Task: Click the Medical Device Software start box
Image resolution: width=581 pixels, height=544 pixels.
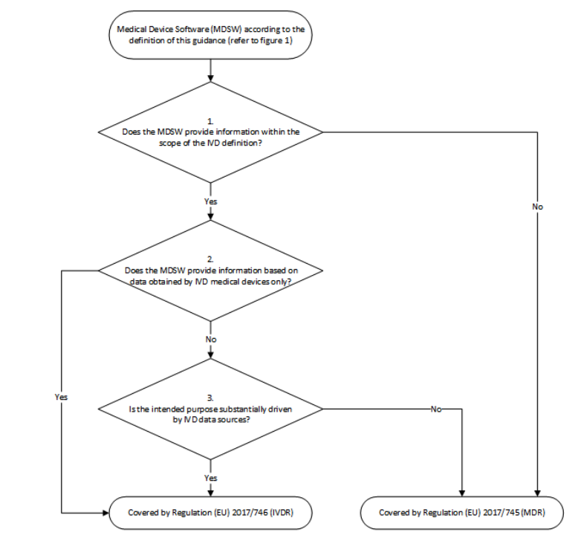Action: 211,34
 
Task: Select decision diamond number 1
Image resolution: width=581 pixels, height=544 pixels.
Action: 211,132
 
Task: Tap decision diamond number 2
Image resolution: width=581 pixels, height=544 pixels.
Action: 211,271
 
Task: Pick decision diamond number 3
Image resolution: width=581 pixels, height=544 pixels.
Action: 211,408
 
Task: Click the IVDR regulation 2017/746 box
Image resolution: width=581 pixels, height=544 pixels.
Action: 211,512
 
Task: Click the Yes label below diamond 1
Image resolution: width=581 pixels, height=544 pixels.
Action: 211,201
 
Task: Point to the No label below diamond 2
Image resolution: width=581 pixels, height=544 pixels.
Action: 211,338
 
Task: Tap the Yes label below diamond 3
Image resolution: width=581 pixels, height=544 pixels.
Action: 211,477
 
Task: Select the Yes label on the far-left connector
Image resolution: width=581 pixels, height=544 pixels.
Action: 61,397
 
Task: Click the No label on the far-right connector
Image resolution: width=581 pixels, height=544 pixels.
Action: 536,207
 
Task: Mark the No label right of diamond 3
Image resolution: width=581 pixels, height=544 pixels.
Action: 435,409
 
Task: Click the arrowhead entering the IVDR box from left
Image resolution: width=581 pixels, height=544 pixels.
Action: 105,512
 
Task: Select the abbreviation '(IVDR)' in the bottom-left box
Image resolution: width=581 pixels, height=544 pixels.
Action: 286,512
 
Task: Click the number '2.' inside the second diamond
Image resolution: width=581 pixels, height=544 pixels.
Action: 211,259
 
